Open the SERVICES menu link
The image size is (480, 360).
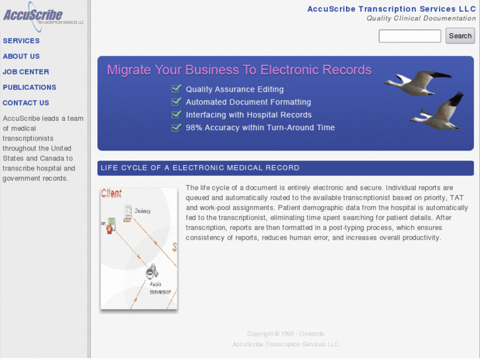(21, 41)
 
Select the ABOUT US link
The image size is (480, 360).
(21, 57)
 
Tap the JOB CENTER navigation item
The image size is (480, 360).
(26, 72)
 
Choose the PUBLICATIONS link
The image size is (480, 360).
(30, 87)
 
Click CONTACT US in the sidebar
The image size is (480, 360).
(26, 103)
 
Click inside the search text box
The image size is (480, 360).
(409, 36)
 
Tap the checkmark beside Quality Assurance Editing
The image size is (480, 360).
(176, 89)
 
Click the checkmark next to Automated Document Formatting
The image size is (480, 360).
(176, 102)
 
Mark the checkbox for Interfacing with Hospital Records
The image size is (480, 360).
(176, 114)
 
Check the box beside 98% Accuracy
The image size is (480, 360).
(176, 127)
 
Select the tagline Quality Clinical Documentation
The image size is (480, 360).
(421, 18)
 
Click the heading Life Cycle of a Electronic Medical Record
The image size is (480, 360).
(200, 168)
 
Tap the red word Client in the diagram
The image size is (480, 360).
(111, 194)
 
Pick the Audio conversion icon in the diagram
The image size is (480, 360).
(151, 271)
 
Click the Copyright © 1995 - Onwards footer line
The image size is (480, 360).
(285, 334)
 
